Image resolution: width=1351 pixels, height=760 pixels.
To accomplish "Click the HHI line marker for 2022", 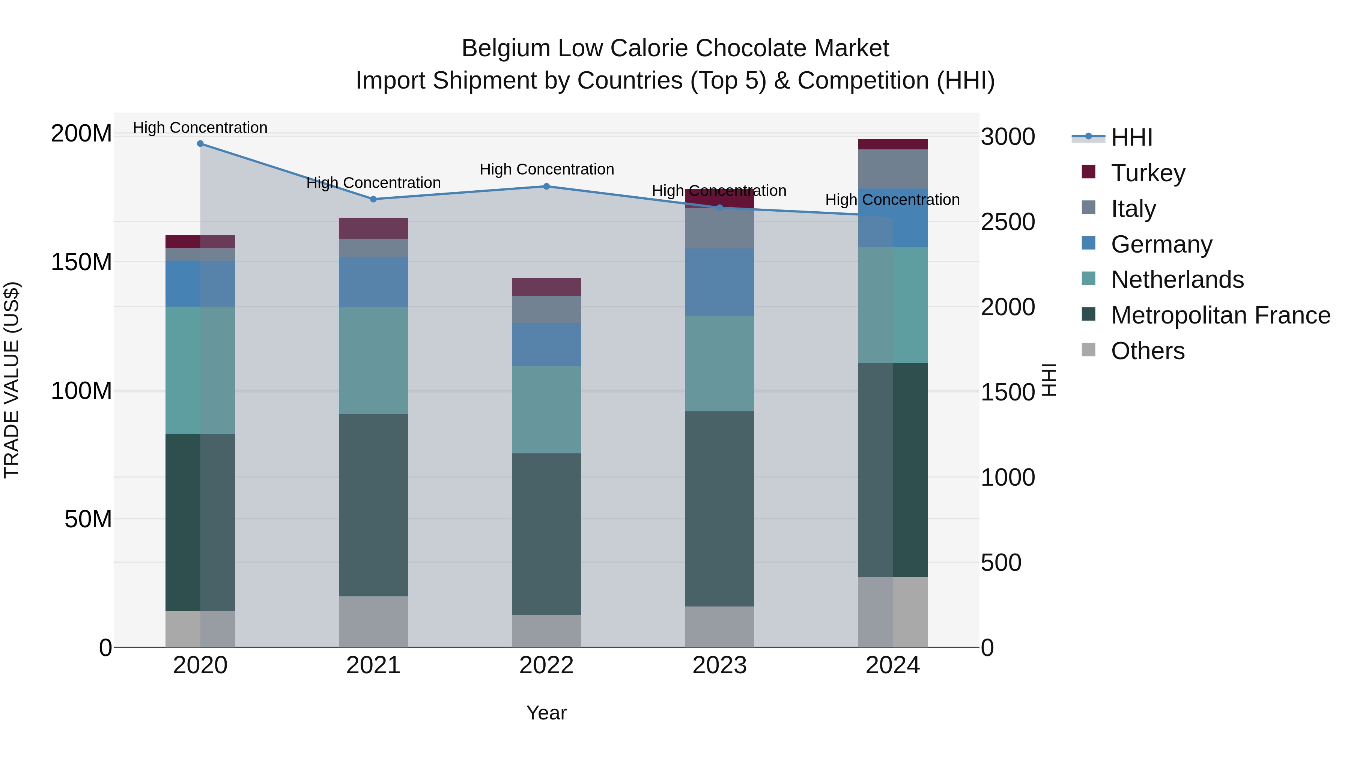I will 546,186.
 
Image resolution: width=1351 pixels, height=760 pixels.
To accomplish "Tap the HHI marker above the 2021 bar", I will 373,199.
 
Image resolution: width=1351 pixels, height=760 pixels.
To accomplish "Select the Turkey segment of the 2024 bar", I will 893,144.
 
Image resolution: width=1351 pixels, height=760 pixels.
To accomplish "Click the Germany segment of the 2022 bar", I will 546,344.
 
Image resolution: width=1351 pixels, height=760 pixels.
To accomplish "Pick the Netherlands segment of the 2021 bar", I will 373,360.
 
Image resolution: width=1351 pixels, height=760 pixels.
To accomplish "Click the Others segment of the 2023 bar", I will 719,627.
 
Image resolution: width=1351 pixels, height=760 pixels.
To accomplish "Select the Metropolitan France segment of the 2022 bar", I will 546,534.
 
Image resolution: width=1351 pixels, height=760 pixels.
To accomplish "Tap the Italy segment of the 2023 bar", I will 719,229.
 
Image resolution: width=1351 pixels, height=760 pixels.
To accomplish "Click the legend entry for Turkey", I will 1148,173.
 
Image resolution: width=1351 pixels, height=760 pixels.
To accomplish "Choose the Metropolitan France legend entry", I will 1220,315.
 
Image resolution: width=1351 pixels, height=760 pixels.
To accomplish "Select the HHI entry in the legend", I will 1131,137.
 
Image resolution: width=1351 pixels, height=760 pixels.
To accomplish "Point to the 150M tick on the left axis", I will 81,262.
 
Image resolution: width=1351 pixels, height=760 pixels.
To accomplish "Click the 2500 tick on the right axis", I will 1008,222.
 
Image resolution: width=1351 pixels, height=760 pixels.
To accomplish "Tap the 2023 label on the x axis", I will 719,665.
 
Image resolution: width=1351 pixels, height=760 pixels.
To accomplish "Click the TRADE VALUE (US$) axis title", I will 12,380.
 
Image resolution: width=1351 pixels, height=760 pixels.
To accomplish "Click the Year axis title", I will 546,713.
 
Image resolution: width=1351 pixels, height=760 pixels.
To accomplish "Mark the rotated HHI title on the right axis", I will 1049,380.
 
